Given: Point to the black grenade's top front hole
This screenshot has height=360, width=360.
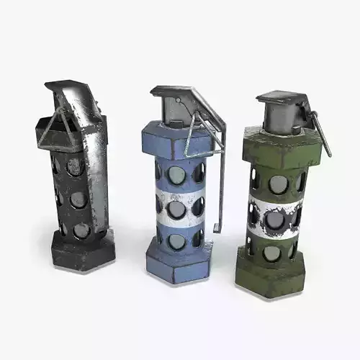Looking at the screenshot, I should click(75, 167).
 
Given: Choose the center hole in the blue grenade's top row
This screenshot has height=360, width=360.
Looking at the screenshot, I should click(176, 175).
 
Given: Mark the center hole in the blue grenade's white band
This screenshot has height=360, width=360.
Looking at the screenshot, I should click(176, 209).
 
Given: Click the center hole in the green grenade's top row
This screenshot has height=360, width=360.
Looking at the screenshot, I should click(278, 184).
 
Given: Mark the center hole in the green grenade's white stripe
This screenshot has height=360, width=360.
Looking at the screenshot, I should click(275, 217).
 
